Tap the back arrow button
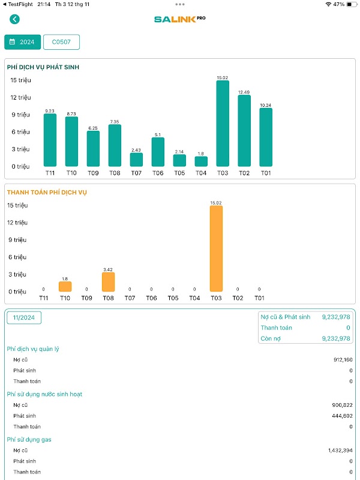point(14,19)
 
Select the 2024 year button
point(23,42)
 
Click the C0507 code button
point(61,42)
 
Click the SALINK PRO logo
point(179,19)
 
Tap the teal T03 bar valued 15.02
point(223,124)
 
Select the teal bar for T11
point(50,140)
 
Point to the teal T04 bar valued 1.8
point(201,161)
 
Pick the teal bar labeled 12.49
point(244,131)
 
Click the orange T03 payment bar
point(216,249)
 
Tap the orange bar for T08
point(108,282)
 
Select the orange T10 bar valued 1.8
point(65,287)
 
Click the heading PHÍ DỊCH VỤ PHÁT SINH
point(43,67)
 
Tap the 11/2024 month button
point(24,317)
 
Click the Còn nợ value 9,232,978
point(335,338)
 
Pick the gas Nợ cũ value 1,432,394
point(340,450)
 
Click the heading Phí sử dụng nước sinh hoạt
point(44,394)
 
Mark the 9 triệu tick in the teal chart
point(19,115)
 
